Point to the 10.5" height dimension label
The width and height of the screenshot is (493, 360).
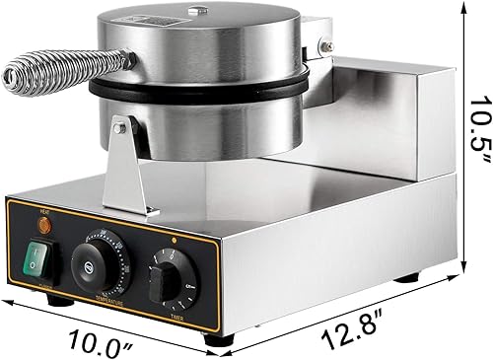(477, 130)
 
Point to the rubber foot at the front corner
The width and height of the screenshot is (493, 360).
(214, 340)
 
